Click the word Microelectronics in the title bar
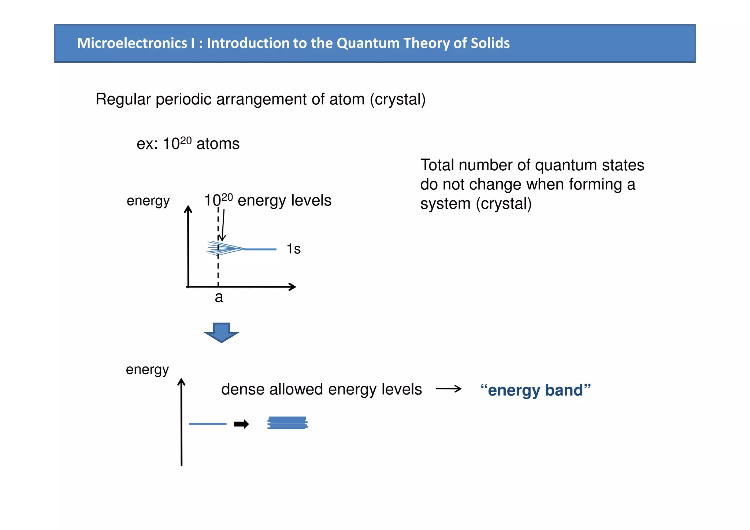(132, 43)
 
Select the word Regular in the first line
(123, 99)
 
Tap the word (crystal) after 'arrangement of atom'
(398, 99)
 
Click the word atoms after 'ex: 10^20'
(218, 144)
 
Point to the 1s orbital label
(293, 249)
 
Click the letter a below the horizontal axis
(219, 297)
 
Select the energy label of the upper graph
(148, 201)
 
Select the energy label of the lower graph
(147, 370)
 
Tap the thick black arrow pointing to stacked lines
(241, 424)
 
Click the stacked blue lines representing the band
(287, 423)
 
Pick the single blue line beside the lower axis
(208, 424)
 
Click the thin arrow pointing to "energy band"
(449, 389)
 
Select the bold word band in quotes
(564, 390)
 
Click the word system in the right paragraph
(445, 204)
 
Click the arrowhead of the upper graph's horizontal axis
(292, 287)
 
